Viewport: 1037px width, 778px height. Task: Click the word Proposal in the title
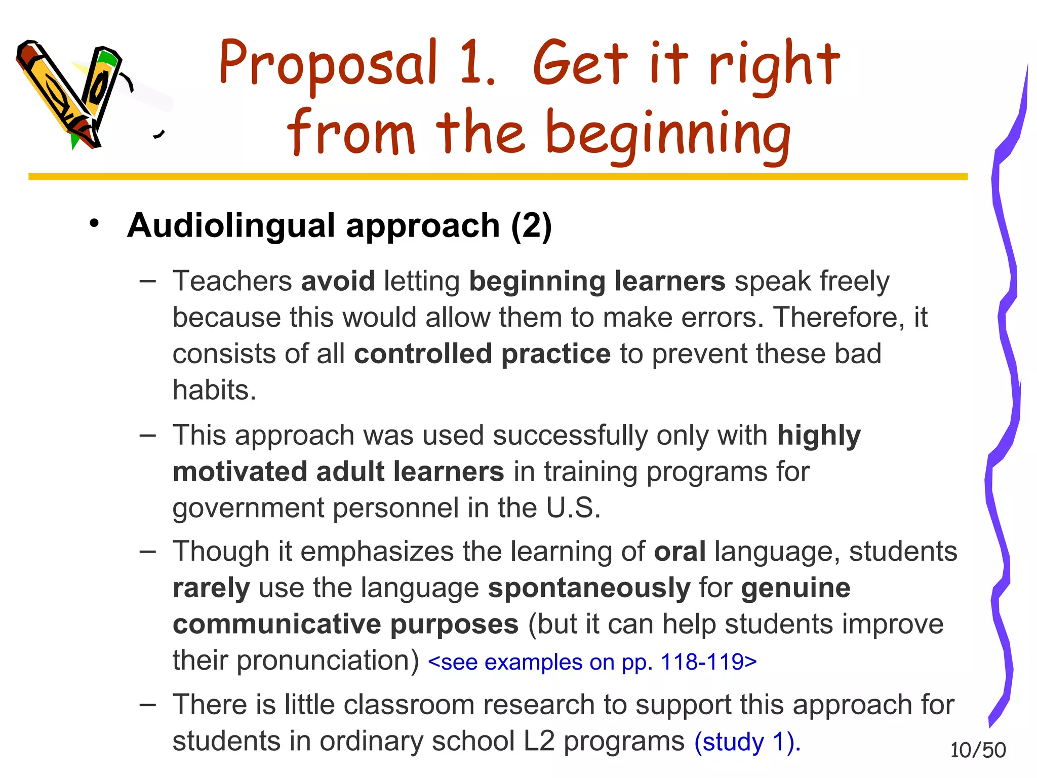(328, 63)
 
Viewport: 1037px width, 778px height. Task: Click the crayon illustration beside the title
(71, 94)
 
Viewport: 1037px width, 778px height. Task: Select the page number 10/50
(978, 750)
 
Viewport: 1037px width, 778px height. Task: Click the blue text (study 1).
(747, 742)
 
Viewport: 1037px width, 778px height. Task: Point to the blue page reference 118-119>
(709, 662)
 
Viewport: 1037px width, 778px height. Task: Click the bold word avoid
(338, 281)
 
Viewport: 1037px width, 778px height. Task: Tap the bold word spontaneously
(589, 588)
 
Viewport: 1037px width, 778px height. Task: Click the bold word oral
(680, 552)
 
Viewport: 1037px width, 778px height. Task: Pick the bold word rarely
(211, 588)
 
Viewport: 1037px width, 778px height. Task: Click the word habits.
(214, 390)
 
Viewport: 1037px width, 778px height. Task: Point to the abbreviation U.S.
(573, 508)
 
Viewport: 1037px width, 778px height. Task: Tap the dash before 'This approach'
(148, 436)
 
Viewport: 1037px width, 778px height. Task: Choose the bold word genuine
(795, 588)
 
